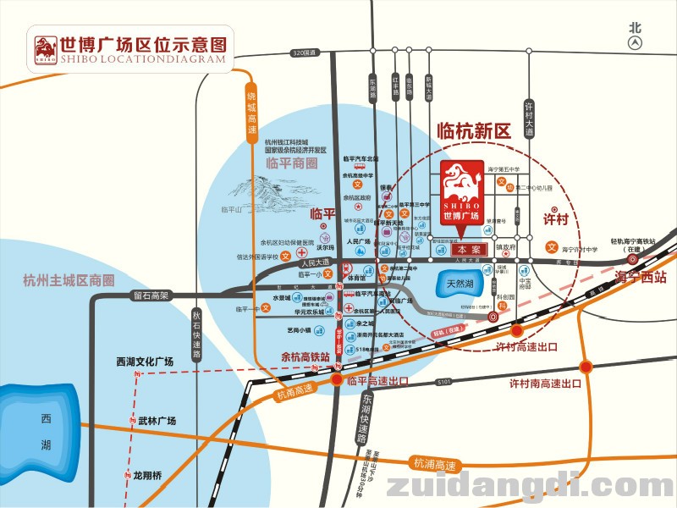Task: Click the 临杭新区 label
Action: coord(474,131)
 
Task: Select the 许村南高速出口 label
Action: coord(545,384)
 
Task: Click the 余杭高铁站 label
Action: coord(305,356)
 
